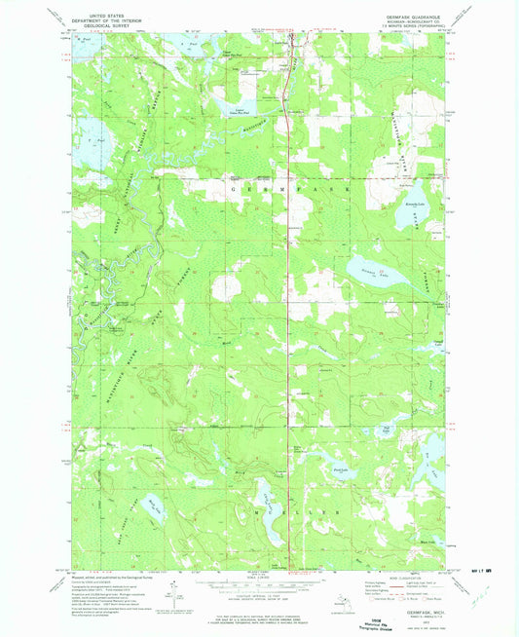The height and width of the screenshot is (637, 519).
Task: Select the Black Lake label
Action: click(x=426, y=543)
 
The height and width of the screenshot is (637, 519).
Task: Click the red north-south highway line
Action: click(x=291, y=292)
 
